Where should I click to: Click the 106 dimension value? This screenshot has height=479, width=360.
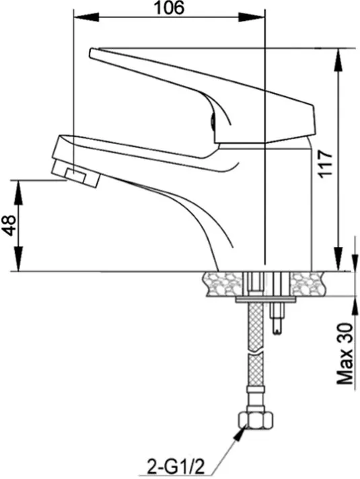click(x=169, y=8)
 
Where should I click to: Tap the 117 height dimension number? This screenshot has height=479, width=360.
click(x=325, y=163)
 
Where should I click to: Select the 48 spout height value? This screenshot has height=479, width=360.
click(x=9, y=225)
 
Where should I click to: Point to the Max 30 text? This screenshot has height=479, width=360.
click(x=345, y=354)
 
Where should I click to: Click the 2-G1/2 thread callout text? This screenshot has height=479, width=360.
click(x=176, y=466)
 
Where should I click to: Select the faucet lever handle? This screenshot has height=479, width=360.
click(x=202, y=96)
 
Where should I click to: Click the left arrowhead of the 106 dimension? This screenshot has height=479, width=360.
click(x=86, y=17)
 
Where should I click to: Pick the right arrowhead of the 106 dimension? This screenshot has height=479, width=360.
click(x=251, y=17)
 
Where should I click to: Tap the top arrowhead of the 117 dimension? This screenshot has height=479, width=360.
click(x=338, y=61)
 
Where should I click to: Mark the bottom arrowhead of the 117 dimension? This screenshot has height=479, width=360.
click(x=338, y=259)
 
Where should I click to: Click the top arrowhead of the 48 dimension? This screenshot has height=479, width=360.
click(x=19, y=192)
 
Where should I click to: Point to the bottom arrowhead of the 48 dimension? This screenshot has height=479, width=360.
click(x=19, y=259)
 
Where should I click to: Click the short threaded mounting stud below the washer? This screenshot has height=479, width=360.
click(x=277, y=318)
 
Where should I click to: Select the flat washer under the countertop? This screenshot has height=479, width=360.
click(x=266, y=299)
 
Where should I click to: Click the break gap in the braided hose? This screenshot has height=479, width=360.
click(x=256, y=353)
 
